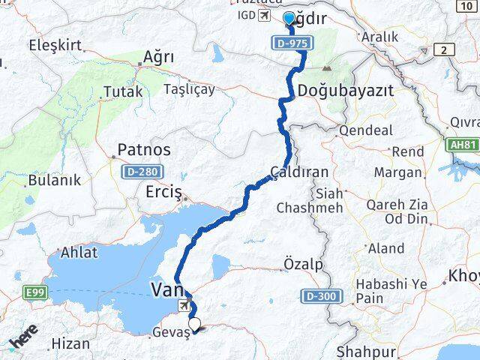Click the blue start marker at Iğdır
(289, 19)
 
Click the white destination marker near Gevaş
(195, 325)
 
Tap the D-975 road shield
(290, 43)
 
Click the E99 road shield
(34, 292)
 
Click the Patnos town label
(143, 149)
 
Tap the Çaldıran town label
(300, 172)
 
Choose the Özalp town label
(303, 264)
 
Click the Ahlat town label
(79, 253)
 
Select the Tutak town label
(122, 92)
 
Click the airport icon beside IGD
(263, 16)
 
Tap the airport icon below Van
(184, 306)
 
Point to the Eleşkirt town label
(54, 45)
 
